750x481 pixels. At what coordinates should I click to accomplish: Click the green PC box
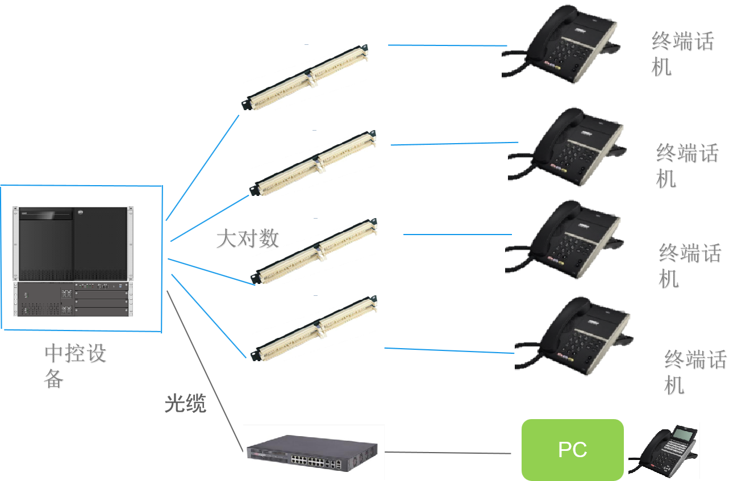(572, 450)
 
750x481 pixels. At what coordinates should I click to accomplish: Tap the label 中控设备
(75, 366)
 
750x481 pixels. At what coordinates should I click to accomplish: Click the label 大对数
(247, 239)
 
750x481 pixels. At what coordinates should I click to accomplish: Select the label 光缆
(185, 403)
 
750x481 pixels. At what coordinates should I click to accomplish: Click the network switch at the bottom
(314, 452)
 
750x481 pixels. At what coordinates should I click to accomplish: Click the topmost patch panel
(305, 77)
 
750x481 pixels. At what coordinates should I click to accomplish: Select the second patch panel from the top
(312, 163)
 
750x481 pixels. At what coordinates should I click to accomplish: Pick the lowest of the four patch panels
(314, 328)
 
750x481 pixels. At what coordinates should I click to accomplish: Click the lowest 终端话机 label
(694, 373)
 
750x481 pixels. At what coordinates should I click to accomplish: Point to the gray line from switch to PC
(449, 453)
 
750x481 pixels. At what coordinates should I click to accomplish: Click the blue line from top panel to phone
(448, 45)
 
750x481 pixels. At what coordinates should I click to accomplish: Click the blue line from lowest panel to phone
(449, 350)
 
